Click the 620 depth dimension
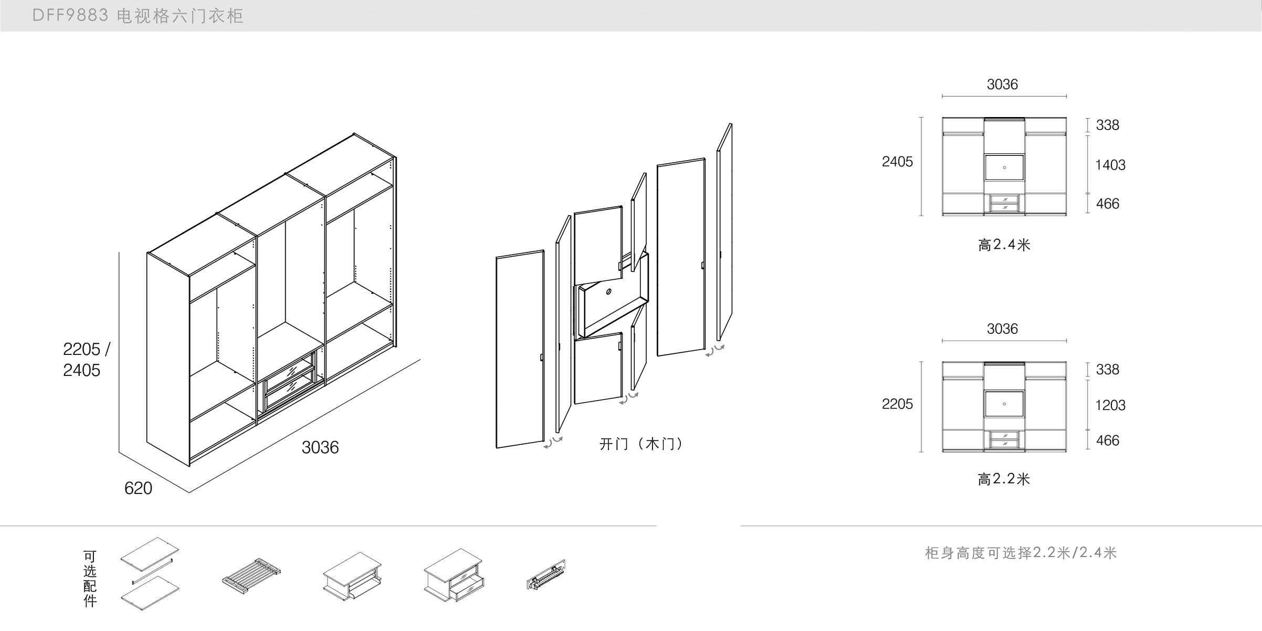[138, 488]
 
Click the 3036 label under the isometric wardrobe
[320, 447]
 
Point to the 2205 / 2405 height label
[86, 360]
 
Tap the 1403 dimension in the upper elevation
[1110, 165]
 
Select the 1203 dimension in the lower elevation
[1110, 405]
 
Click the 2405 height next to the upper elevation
[897, 162]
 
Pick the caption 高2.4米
[1004, 245]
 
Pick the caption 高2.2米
[1004, 479]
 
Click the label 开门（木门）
[641, 444]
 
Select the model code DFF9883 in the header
[70, 16]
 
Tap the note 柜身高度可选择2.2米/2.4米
[1021, 553]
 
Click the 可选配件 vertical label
[90, 579]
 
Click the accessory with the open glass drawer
[454, 575]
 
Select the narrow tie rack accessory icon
[546, 574]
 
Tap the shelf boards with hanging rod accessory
[150, 573]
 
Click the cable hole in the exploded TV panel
[608, 292]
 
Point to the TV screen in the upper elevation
[1004, 167]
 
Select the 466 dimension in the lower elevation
[1107, 440]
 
